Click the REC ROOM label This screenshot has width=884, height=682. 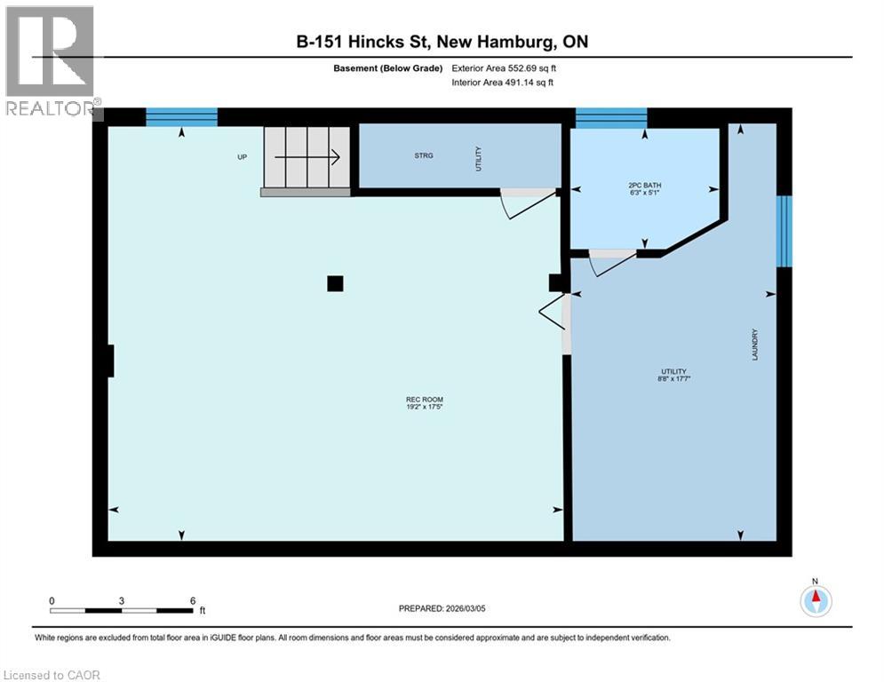pyautogui.click(x=424, y=400)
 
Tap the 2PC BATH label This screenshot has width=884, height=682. pyautogui.click(x=644, y=186)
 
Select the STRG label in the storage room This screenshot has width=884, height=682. pyautogui.click(x=423, y=155)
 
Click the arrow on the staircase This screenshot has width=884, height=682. pyautogui.click(x=307, y=157)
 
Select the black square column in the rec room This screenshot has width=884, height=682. pyautogui.click(x=335, y=283)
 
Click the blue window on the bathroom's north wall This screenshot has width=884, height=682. pyautogui.click(x=610, y=117)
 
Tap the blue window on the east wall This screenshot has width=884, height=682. pyautogui.click(x=784, y=231)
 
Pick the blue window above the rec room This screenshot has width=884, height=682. pyautogui.click(x=181, y=116)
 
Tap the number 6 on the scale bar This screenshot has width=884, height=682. pyautogui.click(x=193, y=601)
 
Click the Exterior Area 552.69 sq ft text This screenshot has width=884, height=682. pyautogui.click(x=506, y=68)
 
